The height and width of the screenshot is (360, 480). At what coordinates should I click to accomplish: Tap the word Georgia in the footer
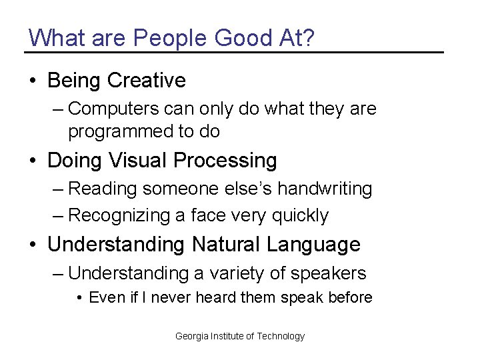click(192, 336)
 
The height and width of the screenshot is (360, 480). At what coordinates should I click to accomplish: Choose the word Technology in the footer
click(281, 336)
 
